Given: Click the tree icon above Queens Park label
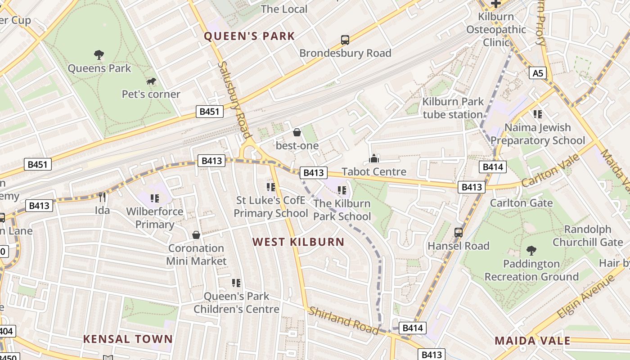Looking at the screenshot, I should (99, 55).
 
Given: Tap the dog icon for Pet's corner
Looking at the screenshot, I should (151, 81).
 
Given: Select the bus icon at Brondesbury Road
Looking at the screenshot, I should (345, 40).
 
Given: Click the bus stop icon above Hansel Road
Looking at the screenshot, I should (459, 232).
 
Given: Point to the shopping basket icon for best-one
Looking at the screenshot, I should (297, 132).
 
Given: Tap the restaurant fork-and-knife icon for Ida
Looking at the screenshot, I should (102, 197).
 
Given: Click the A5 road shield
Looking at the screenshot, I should (538, 73).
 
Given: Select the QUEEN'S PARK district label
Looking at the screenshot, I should (250, 36).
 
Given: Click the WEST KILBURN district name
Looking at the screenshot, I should (298, 242).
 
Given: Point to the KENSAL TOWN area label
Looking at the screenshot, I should (128, 339).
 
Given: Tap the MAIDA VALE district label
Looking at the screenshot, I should (532, 341).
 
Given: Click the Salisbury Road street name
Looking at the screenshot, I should (234, 99).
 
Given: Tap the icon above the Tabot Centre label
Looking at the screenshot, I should (374, 158).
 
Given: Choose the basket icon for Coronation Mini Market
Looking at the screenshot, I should (196, 235).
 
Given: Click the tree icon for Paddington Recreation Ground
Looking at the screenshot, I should (531, 250).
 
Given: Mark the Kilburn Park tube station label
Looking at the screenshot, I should (453, 108).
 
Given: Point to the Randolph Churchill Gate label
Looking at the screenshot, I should (587, 236).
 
